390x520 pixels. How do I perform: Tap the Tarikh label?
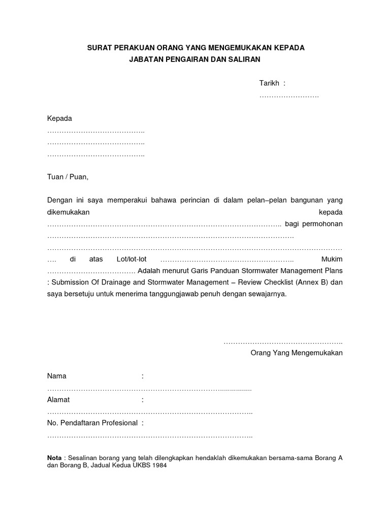pyautogui.click(x=270, y=83)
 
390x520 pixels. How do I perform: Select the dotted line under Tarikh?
pyautogui.click(x=289, y=95)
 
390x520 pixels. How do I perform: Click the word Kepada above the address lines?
pyautogui.click(x=59, y=118)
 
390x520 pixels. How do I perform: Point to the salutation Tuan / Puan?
pyautogui.click(x=68, y=177)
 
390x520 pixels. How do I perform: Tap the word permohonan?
pyautogui.click(x=321, y=224)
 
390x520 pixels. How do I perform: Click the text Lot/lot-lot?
pyautogui.click(x=132, y=259)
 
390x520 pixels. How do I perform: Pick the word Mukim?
pyautogui.click(x=332, y=259)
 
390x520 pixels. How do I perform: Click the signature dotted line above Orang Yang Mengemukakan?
pyautogui.click(x=283, y=342)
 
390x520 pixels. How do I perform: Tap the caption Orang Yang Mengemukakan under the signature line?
pyautogui.click(x=297, y=353)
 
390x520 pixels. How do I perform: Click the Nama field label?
pyautogui.click(x=56, y=376)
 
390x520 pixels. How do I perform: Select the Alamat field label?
pyautogui.click(x=58, y=400)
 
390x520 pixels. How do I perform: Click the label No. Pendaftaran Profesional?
pyautogui.click(x=92, y=422)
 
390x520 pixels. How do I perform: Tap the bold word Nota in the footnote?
pyautogui.click(x=54, y=458)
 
